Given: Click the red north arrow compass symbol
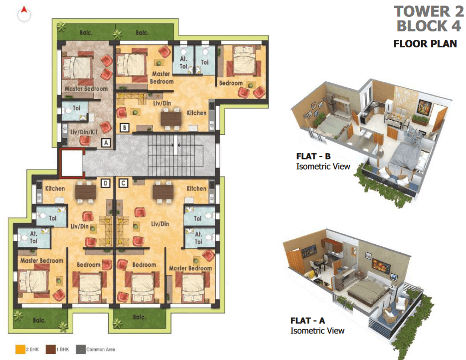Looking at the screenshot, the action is click(24, 14).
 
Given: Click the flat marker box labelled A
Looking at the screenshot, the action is click(106, 143).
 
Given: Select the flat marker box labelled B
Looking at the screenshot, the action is click(125, 128).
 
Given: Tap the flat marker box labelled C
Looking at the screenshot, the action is click(123, 183).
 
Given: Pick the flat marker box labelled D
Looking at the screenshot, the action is click(106, 183).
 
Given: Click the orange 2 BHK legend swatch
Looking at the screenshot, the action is click(20, 350).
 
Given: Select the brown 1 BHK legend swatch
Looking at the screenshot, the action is click(50, 350).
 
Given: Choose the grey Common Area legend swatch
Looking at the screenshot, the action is click(81, 350).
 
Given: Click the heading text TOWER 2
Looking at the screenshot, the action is click(429, 12).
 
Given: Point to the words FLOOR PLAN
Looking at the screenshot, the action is click(425, 44).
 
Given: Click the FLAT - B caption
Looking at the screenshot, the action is click(313, 157).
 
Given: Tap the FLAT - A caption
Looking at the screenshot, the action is click(308, 321).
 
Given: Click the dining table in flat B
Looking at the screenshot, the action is click(171, 119).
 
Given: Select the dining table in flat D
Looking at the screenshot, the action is click(86, 192).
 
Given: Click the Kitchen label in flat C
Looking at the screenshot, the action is click(196, 188).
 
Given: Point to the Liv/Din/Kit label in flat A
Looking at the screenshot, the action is click(84, 132).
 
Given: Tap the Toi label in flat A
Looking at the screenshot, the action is click(76, 108).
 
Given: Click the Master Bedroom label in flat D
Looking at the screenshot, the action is click(41, 261).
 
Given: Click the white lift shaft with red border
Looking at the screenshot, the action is click(71, 163).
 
